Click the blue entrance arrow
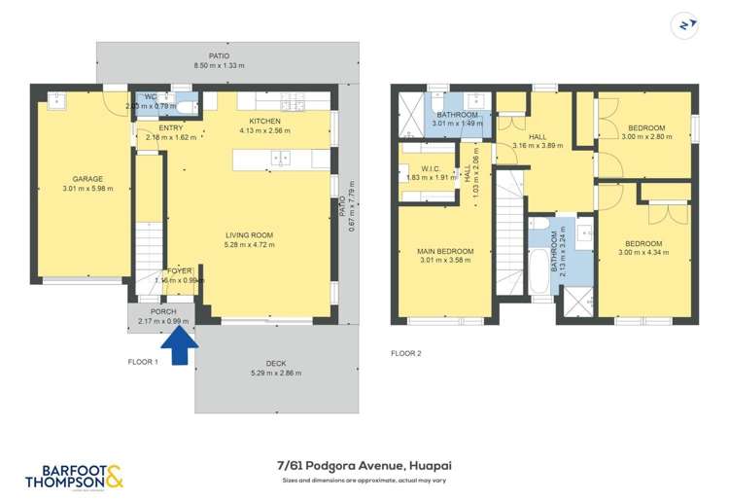coord(179,346)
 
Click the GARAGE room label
coord(87,179)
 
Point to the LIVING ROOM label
coord(249,234)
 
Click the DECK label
coord(276,363)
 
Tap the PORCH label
coord(162,311)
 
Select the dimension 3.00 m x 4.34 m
coord(643,253)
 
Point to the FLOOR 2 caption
coord(405,353)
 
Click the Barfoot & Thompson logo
coord(74,474)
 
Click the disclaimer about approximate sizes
coord(364,481)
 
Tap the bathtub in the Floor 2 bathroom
coord(539,268)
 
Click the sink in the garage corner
coord(55,100)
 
